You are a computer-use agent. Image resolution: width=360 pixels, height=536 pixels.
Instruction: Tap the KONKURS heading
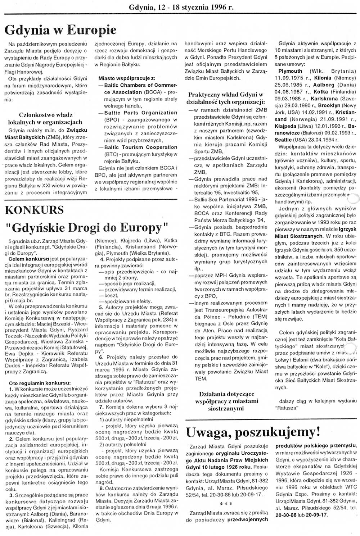click(x=34, y=210)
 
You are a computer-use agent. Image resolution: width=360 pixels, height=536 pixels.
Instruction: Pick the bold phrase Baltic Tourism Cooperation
click(x=141, y=147)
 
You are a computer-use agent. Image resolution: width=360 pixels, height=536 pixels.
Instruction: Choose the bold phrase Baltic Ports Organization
click(x=141, y=113)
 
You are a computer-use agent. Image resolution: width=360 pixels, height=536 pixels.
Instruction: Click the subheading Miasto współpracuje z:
click(x=127, y=78)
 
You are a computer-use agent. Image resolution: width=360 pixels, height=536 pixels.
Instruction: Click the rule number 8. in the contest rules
click(x=102, y=488)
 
